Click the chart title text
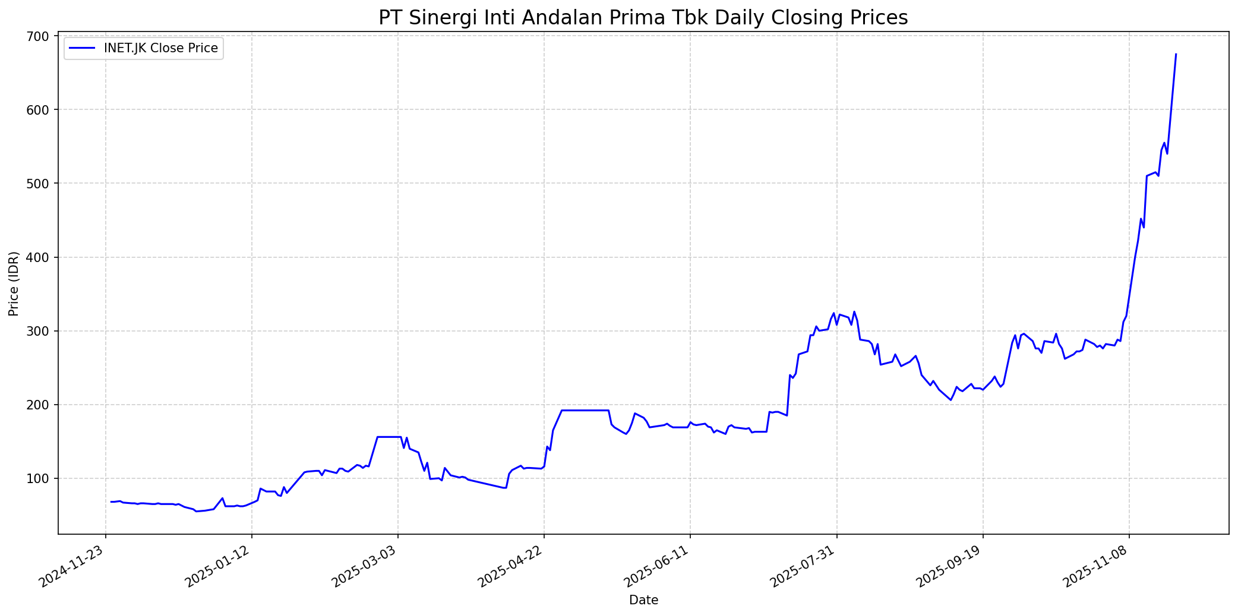tap(643, 18)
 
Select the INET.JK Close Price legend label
tap(160, 48)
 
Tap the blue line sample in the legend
tap(81, 48)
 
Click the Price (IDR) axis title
tap(14, 284)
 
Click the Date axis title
tap(643, 600)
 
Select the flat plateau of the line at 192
tap(585, 410)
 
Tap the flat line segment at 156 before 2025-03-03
tap(389, 437)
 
